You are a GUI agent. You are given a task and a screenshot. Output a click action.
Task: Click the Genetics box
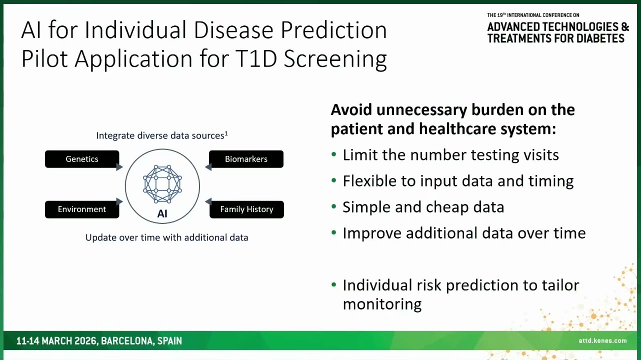coord(82,159)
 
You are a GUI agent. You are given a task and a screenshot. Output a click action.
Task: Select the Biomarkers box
coord(246,159)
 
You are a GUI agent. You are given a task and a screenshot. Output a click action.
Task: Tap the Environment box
coord(82,209)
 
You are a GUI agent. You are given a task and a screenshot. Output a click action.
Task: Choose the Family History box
coord(246,209)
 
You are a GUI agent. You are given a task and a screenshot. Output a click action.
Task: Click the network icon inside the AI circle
coord(162,184)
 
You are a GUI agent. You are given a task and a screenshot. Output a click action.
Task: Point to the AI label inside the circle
coord(162,213)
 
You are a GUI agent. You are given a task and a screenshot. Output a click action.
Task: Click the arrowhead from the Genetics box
coord(119,166)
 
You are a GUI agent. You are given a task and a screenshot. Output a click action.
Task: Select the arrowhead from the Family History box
coord(208,201)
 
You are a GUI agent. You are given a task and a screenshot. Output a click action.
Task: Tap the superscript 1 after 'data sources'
coord(226,133)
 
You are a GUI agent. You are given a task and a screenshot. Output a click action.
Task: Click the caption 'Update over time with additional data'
coord(166,237)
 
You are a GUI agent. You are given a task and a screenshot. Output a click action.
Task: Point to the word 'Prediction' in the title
coord(333,30)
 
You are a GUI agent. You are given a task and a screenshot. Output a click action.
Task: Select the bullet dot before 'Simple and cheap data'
coord(333,206)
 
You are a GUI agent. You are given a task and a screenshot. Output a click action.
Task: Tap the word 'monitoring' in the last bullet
coord(382,304)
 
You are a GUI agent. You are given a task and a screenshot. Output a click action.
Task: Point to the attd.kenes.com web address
coord(602,340)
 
